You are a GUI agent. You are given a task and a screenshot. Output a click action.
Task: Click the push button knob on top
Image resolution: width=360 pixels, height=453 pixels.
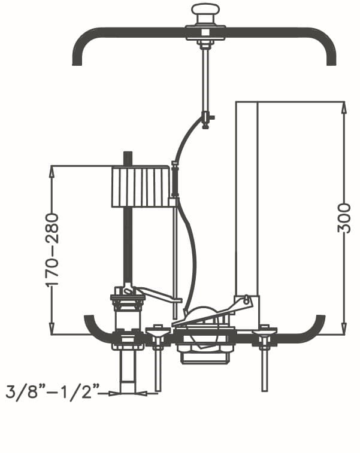pos(205,10)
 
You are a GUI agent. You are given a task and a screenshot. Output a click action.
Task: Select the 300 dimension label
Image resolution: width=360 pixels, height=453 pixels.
pos(344,218)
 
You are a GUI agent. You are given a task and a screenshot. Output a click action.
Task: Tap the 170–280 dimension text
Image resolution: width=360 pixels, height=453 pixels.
pos(52,250)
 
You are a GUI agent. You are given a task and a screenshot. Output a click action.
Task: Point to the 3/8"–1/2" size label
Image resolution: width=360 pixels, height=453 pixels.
pos(53,392)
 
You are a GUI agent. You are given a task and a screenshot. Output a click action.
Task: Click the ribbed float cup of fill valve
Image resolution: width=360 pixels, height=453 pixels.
pos(141,186)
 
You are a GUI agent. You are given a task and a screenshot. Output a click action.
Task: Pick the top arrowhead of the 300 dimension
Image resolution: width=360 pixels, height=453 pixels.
pos(344,108)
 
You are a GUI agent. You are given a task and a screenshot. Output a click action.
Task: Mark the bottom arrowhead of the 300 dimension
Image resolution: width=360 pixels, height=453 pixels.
pos(344,329)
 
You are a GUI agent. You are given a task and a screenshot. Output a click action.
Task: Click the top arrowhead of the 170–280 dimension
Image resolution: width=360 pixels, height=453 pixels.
pos(52,172)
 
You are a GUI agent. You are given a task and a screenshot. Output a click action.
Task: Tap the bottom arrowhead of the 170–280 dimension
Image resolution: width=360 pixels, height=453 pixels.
pos(52,329)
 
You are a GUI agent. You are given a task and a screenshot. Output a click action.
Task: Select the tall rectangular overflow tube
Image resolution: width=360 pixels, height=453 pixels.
pos(247,199)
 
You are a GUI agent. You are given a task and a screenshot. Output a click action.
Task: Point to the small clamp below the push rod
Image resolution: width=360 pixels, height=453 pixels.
pos(206,120)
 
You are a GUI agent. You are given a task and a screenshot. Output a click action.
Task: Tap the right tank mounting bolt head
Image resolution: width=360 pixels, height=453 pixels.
pos(264,332)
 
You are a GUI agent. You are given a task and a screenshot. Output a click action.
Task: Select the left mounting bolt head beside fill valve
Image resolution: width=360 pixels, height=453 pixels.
pos(158,332)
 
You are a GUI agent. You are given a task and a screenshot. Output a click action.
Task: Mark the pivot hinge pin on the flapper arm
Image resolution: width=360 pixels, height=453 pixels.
pos(246,299)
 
